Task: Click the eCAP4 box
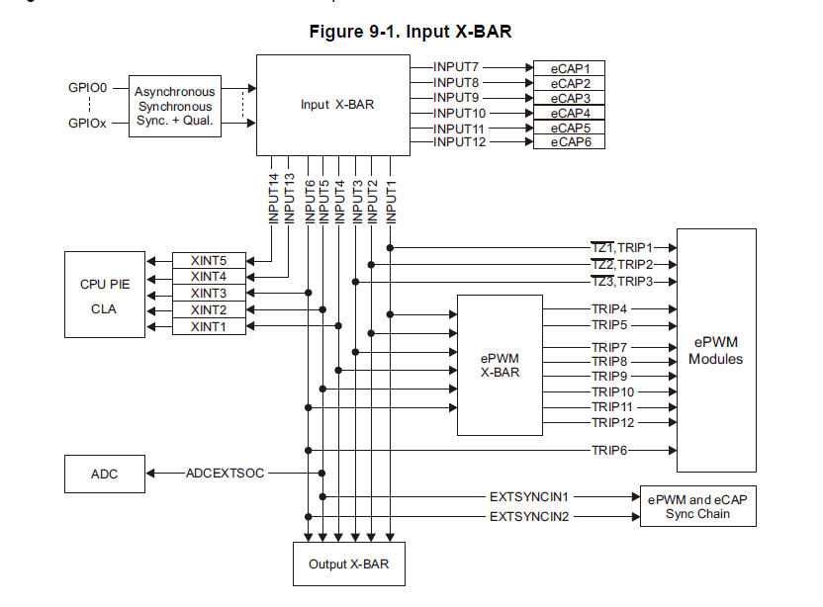tap(570, 113)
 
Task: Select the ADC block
tap(104, 474)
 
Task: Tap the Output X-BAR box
tap(348, 564)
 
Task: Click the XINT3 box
tap(209, 293)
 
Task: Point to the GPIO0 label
tap(87, 88)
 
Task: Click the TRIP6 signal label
tap(612, 451)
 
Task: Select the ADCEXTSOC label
tap(225, 474)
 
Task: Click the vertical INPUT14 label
tap(274, 198)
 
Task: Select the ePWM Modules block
tap(716, 351)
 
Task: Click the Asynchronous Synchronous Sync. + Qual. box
tap(174, 106)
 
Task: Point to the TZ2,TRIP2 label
tap(621, 264)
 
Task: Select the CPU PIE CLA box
tap(104, 296)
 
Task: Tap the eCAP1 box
tap(570, 68)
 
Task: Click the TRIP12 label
tap(612, 422)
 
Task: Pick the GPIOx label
tap(87, 124)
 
